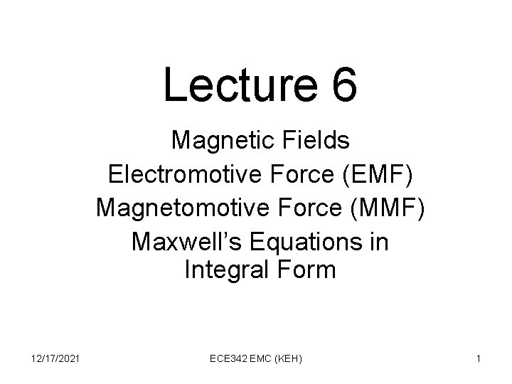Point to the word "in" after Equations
tap(380, 242)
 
